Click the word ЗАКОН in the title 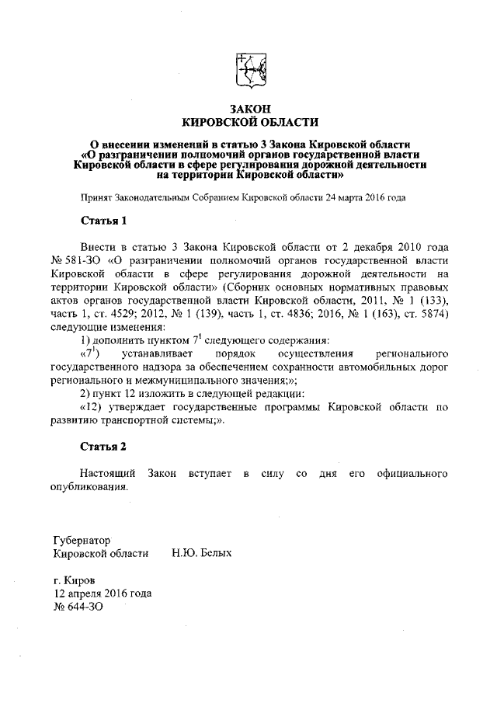[249, 108]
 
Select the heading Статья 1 [103, 221]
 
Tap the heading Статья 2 [103, 447]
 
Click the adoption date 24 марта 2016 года [364, 197]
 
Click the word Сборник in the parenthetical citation [246, 287]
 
